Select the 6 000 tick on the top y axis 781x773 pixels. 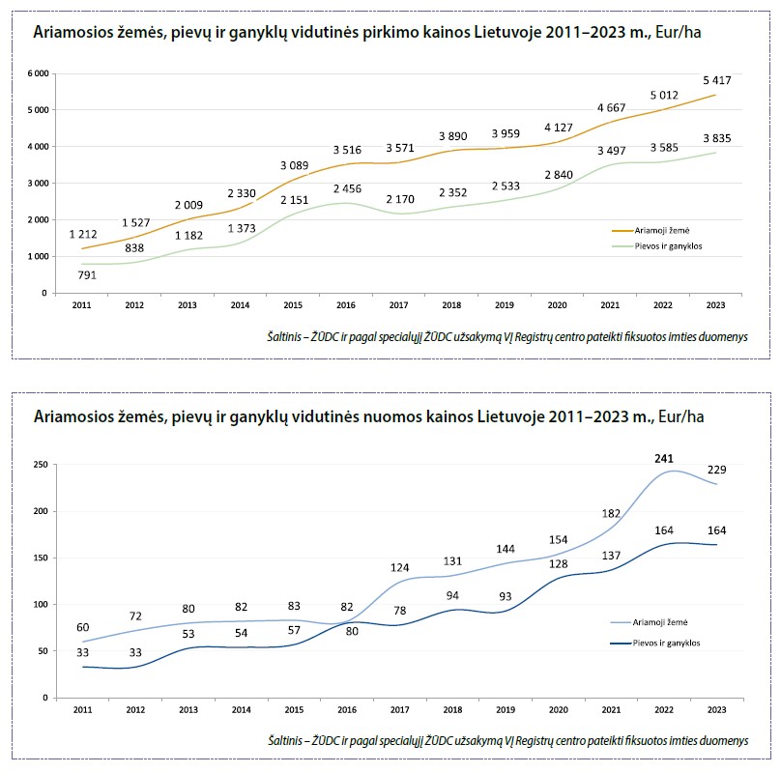click(x=38, y=73)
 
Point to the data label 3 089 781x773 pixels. click(x=295, y=165)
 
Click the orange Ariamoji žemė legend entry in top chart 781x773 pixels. click(x=651, y=231)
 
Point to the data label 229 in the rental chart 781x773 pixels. click(x=715, y=470)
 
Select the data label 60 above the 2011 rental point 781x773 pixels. click(x=82, y=627)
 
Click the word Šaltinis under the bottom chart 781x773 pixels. click(x=289, y=740)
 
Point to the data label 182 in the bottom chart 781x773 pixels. click(x=611, y=513)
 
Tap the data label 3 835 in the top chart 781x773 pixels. click(x=716, y=139)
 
